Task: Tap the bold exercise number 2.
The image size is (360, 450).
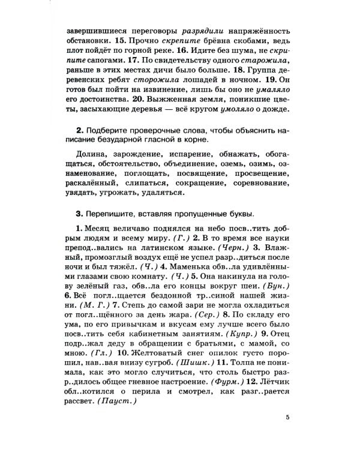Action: pos(79,130)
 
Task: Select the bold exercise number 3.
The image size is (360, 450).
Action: pos(79,213)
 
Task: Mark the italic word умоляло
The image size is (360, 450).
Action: pos(227,110)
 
